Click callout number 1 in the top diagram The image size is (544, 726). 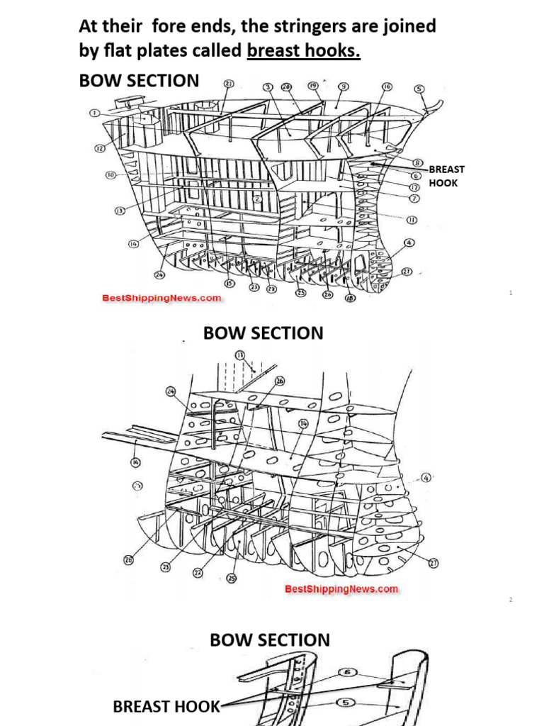[94, 113]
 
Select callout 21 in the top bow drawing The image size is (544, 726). [228, 83]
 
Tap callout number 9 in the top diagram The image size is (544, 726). [343, 86]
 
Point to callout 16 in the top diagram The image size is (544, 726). [387, 86]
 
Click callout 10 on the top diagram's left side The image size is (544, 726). [111, 174]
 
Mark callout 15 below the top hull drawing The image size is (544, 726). [229, 284]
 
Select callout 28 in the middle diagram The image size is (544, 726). [129, 560]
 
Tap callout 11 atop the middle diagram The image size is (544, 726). [239, 354]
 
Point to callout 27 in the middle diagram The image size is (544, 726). [433, 564]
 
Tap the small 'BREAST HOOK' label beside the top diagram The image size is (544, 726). [447, 176]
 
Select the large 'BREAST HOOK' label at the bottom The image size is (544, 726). [166, 706]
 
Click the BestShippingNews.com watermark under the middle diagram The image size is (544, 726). [341, 588]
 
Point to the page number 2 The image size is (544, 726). [509, 600]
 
